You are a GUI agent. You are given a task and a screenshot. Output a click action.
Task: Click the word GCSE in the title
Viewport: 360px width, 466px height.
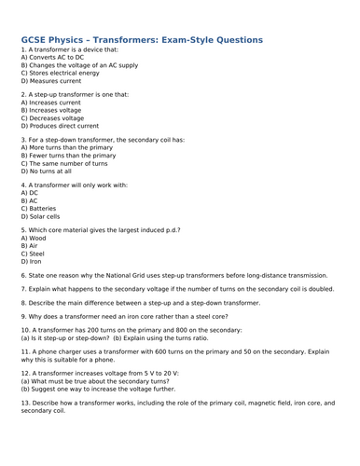point(35,41)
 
